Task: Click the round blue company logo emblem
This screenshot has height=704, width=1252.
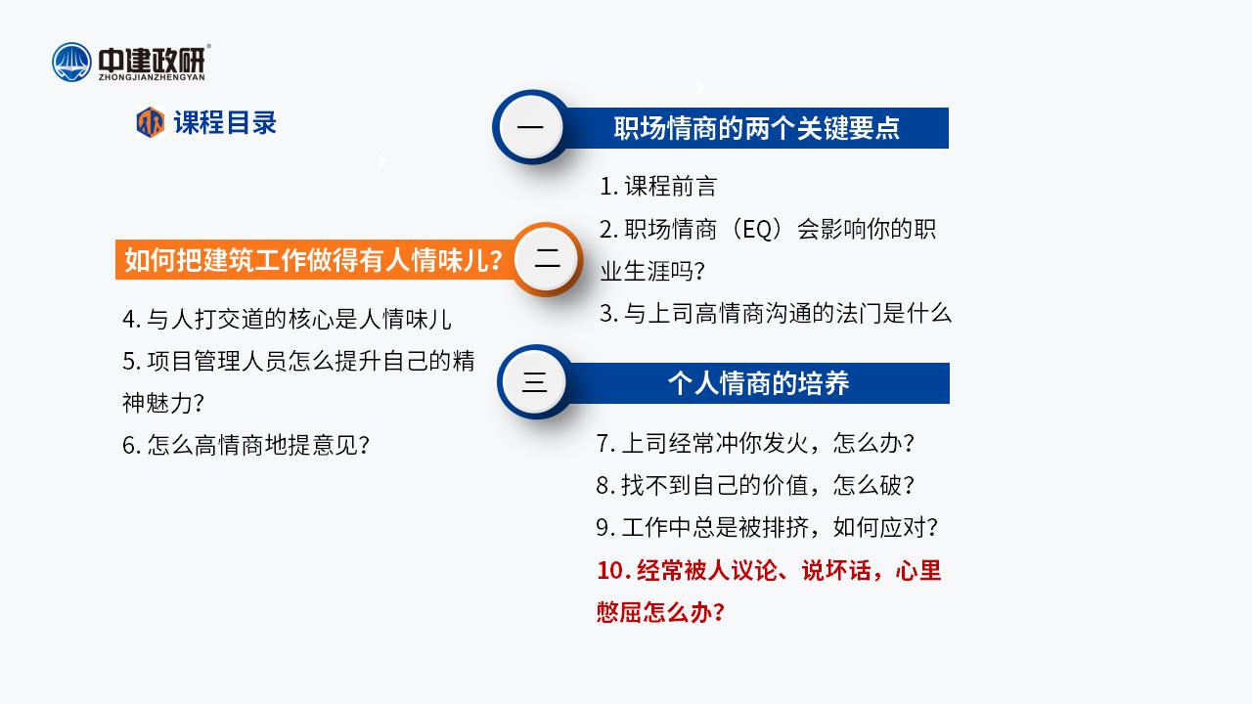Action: point(71,62)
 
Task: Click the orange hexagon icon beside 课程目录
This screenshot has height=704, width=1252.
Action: point(151,122)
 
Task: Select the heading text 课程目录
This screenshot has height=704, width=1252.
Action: point(225,122)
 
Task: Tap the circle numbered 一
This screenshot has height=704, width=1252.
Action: point(530,127)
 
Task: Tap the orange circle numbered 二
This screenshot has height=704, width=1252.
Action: point(547,259)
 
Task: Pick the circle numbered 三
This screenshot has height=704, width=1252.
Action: point(534,382)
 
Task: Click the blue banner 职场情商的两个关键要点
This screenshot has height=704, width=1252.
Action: point(757,128)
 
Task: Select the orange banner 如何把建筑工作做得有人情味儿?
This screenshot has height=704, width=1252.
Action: point(314,260)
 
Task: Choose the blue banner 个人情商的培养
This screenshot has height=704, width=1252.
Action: point(758,383)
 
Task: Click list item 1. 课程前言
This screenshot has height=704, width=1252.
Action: point(658,186)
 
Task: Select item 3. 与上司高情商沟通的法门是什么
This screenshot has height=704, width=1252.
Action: point(776,314)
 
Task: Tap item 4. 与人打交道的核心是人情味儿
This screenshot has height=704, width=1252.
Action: point(287,319)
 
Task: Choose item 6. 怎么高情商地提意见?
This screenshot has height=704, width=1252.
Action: point(246,445)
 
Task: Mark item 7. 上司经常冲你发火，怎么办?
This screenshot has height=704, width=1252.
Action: point(755,443)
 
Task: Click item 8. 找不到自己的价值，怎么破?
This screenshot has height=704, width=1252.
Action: point(755,485)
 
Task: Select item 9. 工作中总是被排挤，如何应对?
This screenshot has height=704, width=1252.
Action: point(767,527)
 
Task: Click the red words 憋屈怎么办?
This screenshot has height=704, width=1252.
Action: point(660,612)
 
